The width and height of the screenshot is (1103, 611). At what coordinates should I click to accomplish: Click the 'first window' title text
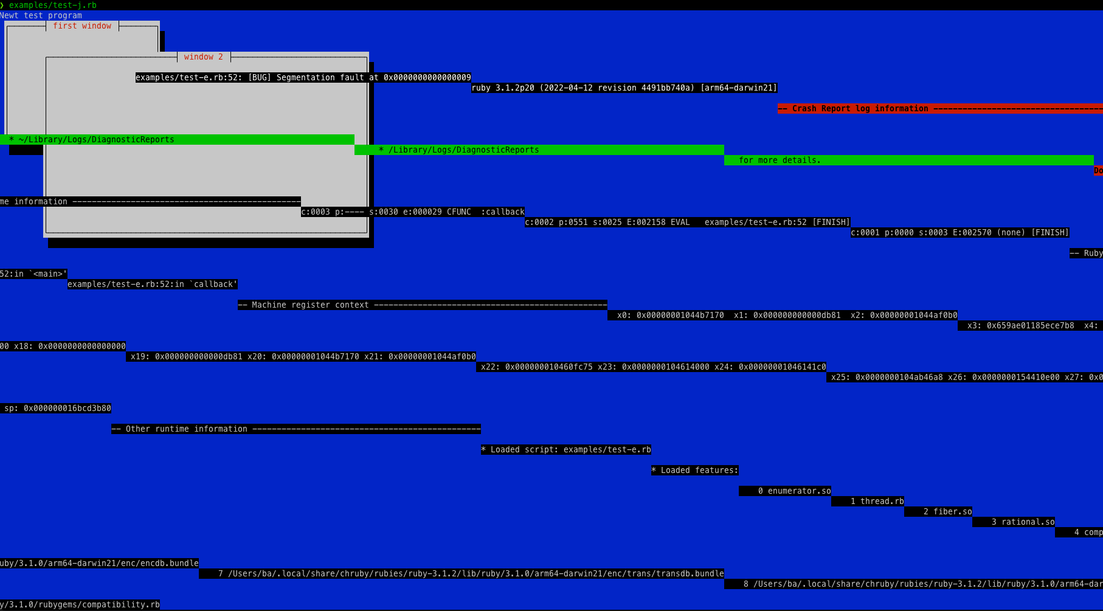[x=82, y=26]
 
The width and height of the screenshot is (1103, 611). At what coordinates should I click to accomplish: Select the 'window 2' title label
[x=204, y=57]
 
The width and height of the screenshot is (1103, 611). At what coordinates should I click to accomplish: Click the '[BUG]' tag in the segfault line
[x=260, y=78]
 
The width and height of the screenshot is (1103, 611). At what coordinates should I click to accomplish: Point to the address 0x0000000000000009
[x=427, y=78]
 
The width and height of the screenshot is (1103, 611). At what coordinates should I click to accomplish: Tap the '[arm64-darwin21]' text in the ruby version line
[x=738, y=88]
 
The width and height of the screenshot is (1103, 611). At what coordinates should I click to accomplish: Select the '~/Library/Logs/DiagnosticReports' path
[x=96, y=140]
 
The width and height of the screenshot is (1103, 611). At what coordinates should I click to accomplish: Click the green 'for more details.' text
[x=780, y=161]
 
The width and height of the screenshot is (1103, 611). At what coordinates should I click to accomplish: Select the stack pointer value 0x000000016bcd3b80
[x=67, y=409]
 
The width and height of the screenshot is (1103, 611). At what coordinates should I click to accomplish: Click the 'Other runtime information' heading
[x=186, y=429]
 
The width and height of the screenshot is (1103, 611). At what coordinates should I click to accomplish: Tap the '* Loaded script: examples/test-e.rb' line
[x=566, y=450]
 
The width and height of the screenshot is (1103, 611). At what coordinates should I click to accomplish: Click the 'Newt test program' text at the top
[x=41, y=16]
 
